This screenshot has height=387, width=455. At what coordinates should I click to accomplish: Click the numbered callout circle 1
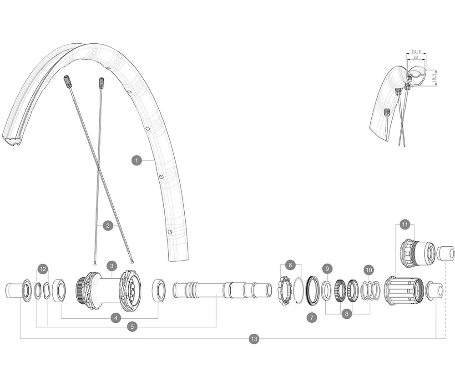(136, 160)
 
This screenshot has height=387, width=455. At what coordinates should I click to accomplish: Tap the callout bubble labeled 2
(108, 225)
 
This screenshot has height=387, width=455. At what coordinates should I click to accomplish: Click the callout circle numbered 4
(116, 318)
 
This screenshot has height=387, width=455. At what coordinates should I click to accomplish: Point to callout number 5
(132, 326)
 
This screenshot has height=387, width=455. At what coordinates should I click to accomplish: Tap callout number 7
(312, 317)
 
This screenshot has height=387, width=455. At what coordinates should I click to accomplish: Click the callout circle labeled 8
(347, 314)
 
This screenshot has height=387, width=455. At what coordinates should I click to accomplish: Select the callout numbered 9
(327, 269)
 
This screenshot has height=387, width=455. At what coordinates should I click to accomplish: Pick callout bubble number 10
(369, 270)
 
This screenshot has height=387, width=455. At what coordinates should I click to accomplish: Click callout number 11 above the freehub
(405, 224)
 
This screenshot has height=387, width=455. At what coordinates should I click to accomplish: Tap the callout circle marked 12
(43, 270)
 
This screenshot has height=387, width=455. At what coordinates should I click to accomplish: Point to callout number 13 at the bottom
(254, 339)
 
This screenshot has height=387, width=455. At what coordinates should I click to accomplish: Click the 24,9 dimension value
(415, 52)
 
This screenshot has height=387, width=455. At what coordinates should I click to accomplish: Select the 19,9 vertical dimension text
(434, 76)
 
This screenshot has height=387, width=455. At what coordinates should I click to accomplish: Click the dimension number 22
(415, 57)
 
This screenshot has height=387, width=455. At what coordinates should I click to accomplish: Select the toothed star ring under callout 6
(284, 290)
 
